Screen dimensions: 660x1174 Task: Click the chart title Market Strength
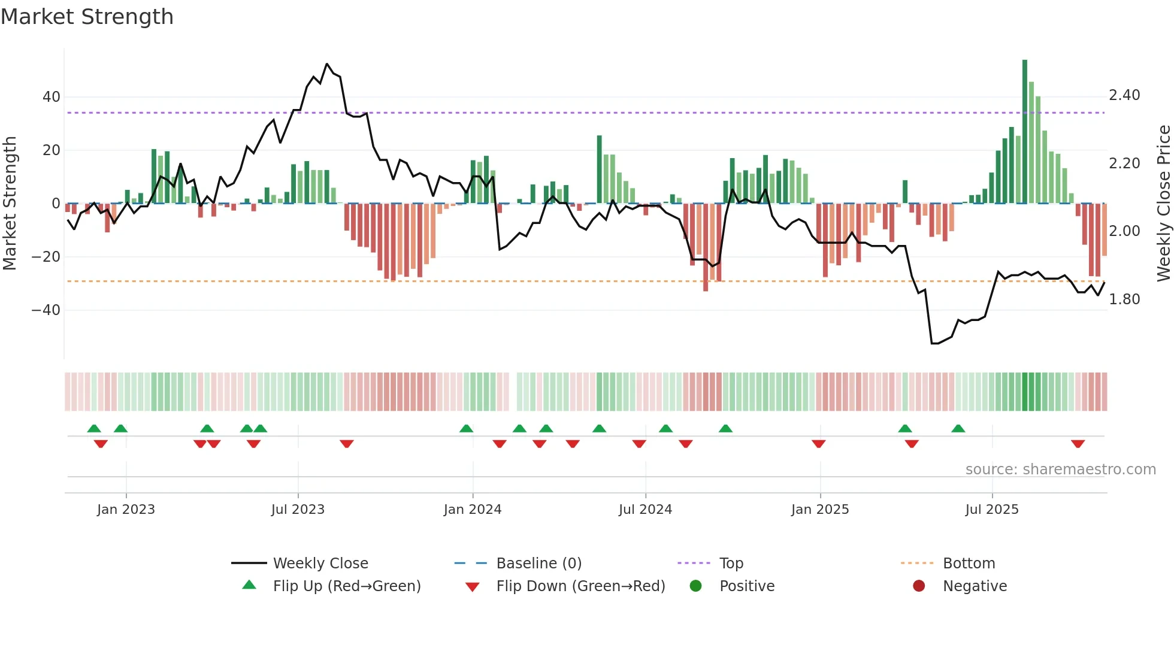(x=87, y=17)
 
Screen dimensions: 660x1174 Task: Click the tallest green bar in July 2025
(x=1025, y=132)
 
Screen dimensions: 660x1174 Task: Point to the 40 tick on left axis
(x=52, y=97)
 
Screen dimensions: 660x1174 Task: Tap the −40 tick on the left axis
(x=46, y=310)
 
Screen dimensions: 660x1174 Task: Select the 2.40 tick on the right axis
(x=1124, y=95)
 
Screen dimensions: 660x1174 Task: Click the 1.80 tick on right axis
(x=1124, y=299)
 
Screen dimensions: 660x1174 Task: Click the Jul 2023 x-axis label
(x=298, y=510)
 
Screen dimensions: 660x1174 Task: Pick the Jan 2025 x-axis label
(x=820, y=510)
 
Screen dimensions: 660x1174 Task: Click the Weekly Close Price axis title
(x=1163, y=204)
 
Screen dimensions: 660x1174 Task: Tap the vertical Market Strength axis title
(x=10, y=204)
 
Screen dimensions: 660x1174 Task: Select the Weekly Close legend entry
(x=320, y=564)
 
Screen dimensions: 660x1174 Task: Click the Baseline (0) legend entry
(x=538, y=564)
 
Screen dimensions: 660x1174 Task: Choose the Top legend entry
(x=731, y=564)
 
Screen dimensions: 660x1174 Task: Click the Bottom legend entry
(x=969, y=564)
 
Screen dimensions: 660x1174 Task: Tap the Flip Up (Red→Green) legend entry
(x=346, y=586)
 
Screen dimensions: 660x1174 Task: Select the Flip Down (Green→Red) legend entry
(x=580, y=586)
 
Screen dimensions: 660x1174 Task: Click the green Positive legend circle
(x=695, y=586)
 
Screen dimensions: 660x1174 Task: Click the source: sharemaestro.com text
(x=1060, y=470)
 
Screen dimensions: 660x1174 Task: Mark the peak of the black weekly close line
(x=326, y=63)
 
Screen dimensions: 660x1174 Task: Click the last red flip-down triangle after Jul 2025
(x=1078, y=444)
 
